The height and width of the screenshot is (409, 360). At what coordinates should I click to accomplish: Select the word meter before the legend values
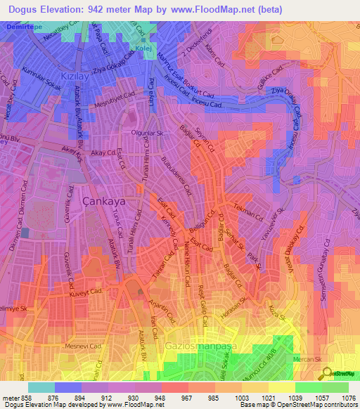12,397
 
